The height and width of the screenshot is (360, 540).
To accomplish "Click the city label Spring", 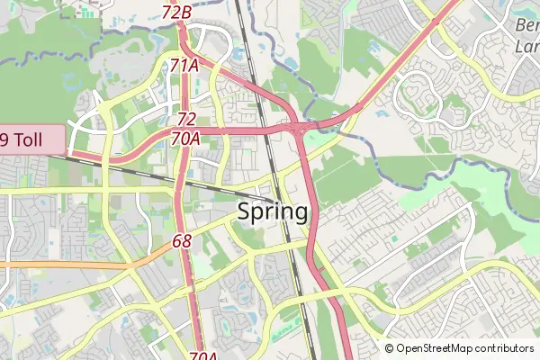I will [x=274, y=212].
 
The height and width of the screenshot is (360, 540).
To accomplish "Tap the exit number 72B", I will [x=177, y=13].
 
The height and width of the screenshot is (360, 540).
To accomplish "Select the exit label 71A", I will [x=184, y=66].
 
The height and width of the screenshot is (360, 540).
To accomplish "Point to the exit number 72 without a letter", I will [x=186, y=119].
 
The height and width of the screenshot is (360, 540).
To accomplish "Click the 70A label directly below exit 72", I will [x=185, y=139].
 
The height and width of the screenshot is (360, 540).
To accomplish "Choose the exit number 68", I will [x=182, y=241].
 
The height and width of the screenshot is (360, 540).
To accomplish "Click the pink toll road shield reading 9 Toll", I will [x=32, y=139].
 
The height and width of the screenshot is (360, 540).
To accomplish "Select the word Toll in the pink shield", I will [x=40, y=139].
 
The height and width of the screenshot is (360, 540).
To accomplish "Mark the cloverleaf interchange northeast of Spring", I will [x=296, y=130].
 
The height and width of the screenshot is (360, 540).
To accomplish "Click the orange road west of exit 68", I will [x=72, y=265].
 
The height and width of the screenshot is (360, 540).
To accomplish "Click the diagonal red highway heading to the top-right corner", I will [x=396, y=67].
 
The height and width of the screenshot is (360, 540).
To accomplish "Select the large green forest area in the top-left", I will [x=36, y=54].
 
